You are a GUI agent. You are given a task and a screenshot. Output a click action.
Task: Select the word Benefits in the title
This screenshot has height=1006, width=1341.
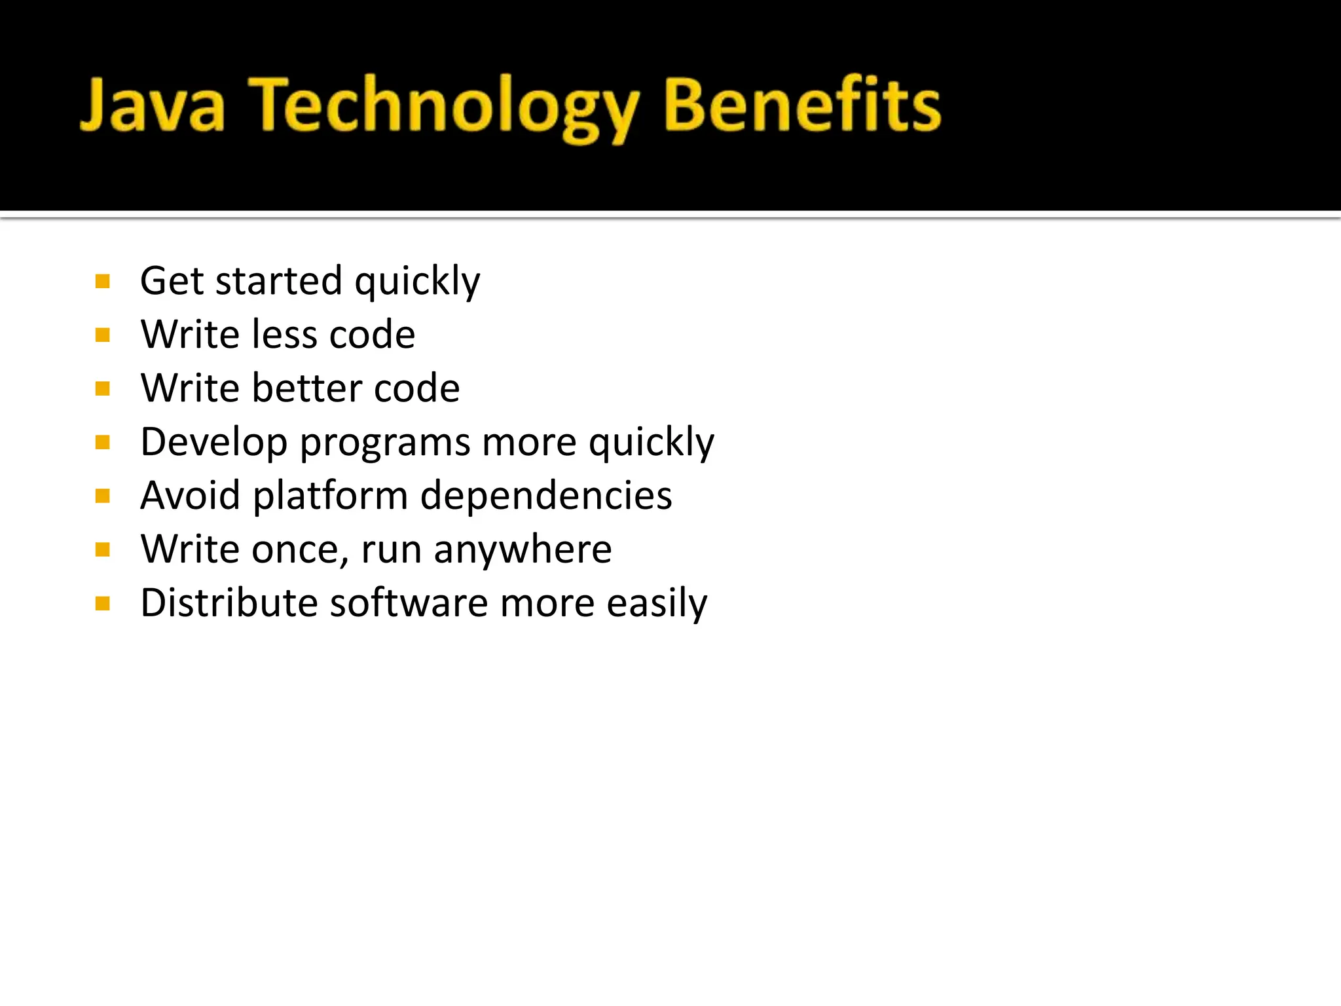(803, 105)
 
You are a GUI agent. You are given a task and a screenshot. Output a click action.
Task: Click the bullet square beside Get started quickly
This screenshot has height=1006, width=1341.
(102, 282)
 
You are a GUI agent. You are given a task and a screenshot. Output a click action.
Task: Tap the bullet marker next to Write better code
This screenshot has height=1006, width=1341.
(102, 389)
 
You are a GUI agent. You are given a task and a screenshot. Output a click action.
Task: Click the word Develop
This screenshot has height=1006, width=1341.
(214, 443)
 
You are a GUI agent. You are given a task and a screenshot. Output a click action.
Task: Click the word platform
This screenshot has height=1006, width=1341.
(331, 496)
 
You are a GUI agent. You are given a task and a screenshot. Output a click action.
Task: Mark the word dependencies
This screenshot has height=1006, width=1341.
(546, 496)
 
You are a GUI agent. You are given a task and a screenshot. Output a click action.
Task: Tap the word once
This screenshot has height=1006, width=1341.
(300, 550)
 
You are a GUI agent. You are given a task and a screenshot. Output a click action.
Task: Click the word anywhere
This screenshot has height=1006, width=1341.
(523, 550)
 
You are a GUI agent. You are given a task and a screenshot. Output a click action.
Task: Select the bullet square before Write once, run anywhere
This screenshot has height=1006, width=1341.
(102, 550)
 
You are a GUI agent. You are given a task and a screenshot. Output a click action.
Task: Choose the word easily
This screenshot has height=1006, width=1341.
(657, 604)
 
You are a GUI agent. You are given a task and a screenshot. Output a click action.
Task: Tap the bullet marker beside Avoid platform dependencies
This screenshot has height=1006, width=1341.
(102, 496)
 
